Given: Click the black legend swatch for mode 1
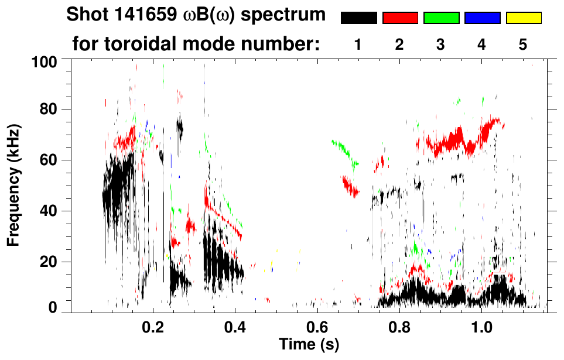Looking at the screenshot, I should point(358,18).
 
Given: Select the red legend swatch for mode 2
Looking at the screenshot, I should point(400,18).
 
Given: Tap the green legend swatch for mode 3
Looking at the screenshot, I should point(441,18).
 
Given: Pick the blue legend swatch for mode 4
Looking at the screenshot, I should point(482,18).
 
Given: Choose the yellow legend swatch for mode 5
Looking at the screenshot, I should point(524,18).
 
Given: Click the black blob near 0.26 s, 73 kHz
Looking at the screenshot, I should point(179,126).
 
